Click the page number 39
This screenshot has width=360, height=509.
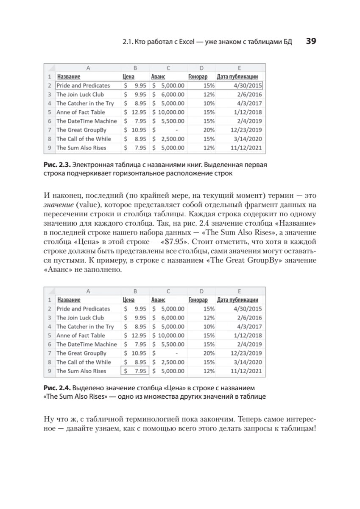click(x=311, y=42)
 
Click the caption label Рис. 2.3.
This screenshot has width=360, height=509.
click(x=56, y=164)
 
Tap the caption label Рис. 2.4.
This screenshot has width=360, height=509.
click(x=56, y=387)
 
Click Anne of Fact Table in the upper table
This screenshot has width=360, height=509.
click(x=81, y=112)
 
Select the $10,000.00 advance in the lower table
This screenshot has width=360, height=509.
click(x=168, y=336)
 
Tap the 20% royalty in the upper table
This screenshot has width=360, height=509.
click(x=209, y=130)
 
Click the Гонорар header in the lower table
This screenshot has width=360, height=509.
click(x=198, y=300)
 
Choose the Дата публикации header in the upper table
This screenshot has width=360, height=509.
click(x=237, y=77)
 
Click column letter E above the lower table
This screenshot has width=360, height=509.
click(x=240, y=291)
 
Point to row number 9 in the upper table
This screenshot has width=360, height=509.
click(x=50, y=148)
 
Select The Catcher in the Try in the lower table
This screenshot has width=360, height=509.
click(x=85, y=327)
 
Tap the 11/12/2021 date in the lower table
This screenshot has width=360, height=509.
click(x=246, y=371)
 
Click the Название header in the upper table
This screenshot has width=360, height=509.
click(x=69, y=77)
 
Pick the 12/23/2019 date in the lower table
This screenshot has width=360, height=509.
click(x=246, y=353)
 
